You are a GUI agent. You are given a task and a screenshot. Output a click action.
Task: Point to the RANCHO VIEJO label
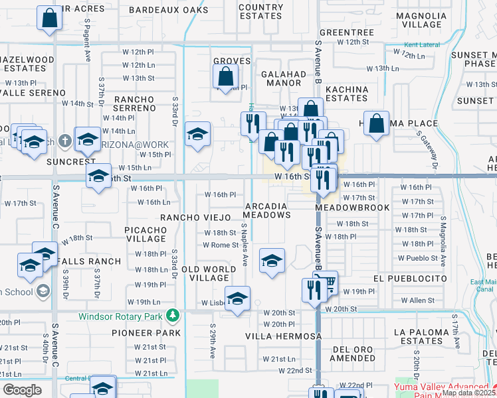[194, 217]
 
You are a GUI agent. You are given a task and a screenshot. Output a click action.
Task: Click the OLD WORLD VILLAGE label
[209, 274]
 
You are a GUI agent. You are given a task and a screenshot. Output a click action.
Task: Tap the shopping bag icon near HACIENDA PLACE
[376, 123]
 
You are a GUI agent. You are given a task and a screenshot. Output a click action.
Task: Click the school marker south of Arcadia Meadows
[271, 261]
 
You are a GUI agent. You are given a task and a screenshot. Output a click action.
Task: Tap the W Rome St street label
[221, 245]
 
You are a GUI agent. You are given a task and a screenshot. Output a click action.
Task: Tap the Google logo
[22, 389]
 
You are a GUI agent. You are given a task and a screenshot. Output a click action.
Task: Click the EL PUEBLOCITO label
[410, 279]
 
